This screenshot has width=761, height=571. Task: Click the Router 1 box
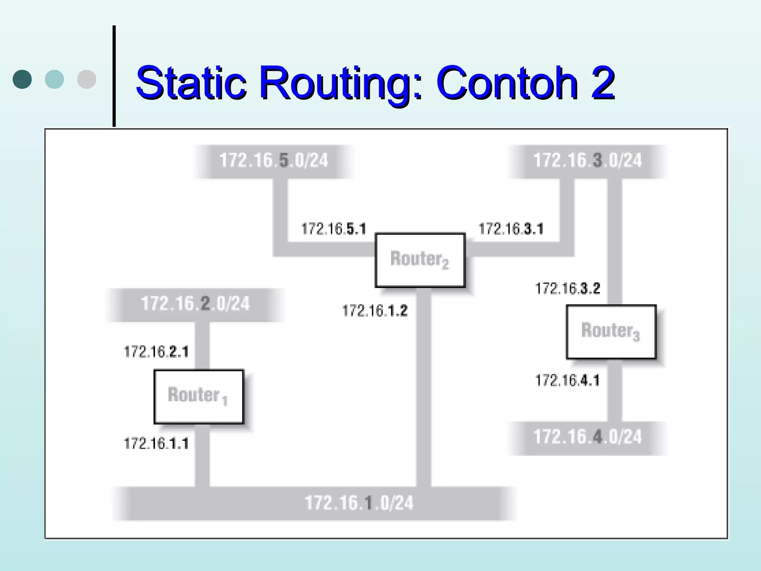pyautogui.click(x=198, y=396)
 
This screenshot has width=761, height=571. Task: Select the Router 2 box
pyautogui.click(x=420, y=260)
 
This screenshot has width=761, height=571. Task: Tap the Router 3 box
pyautogui.click(x=611, y=332)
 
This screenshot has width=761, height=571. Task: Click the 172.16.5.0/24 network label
pyautogui.click(x=274, y=161)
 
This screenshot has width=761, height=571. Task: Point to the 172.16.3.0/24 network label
pyautogui.click(x=587, y=161)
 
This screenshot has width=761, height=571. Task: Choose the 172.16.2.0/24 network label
pyautogui.click(x=195, y=304)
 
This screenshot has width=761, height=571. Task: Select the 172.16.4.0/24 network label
pyautogui.click(x=587, y=437)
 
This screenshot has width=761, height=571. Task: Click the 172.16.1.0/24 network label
pyautogui.click(x=359, y=503)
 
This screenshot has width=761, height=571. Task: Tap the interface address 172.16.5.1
pyautogui.click(x=333, y=229)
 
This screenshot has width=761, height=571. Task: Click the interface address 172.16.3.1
pyautogui.click(x=511, y=229)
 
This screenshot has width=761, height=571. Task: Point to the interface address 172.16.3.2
pyautogui.click(x=567, y=288)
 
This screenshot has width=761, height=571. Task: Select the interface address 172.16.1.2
pyautogui.click(x=375, y=311)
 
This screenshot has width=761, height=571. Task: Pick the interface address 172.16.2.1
pyautogui.click(x=156, y=352)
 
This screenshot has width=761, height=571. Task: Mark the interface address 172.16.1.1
pyautogui.click(x=156, y=443)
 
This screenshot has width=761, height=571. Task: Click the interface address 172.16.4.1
pyautogui.click(x=567, y=380)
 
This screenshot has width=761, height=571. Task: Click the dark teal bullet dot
pyautogui.click(x=22, y=79)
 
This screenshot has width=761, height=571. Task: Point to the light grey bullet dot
pyautogui.click(x=87, y=79)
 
